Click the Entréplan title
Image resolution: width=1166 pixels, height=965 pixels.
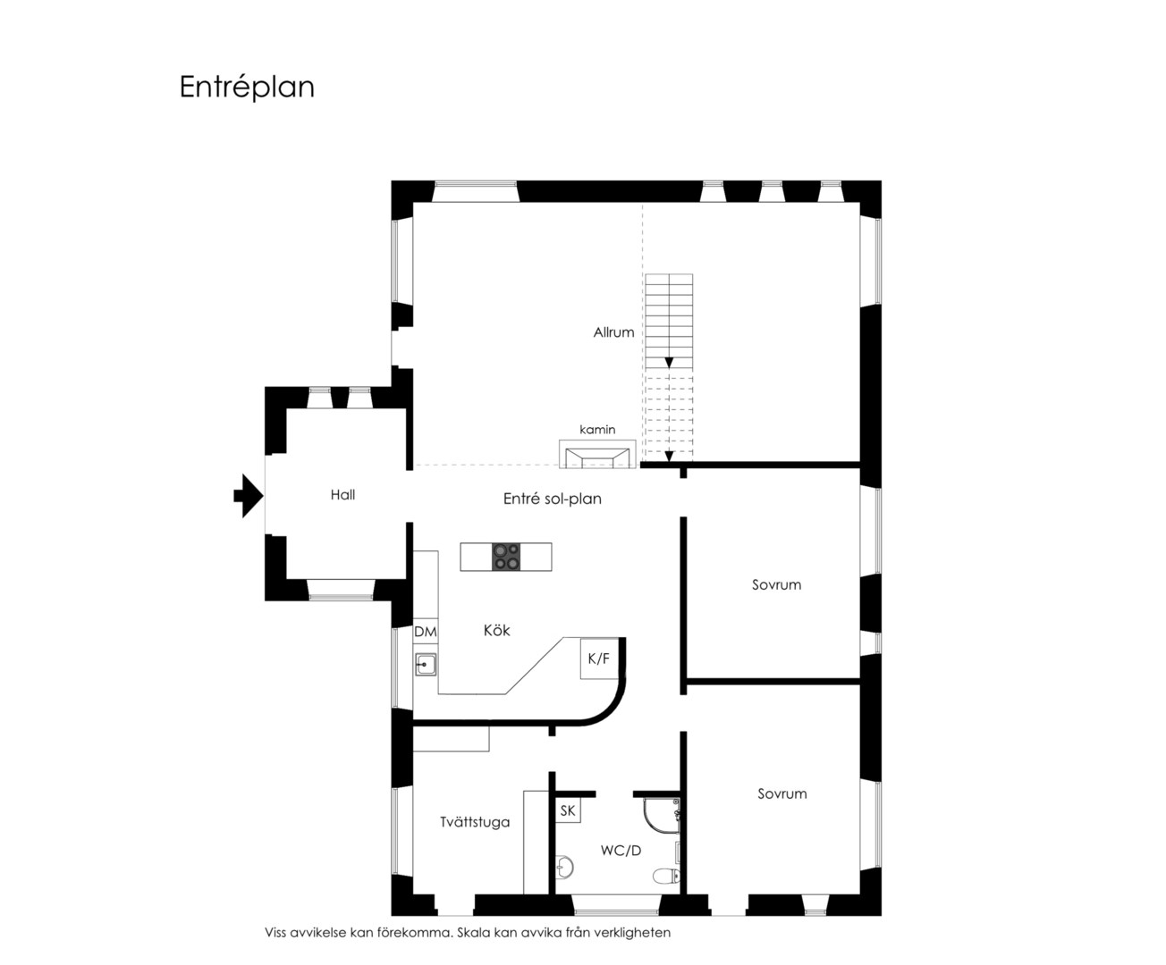tap(247, 88)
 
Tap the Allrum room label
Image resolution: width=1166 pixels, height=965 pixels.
tap(613, 332)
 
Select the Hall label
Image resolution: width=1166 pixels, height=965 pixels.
tap(342, 494)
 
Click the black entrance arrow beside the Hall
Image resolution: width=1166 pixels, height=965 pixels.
tap(248, 496)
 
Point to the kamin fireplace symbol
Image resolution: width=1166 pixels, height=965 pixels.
tap(597, 454)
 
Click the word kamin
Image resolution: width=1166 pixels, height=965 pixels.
tap(597, 429)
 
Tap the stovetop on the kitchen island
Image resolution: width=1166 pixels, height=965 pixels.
tap(506, 557)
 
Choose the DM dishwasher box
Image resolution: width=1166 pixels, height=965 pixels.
tap(426, 631)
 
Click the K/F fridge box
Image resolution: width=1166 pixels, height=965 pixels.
tap(599, 659)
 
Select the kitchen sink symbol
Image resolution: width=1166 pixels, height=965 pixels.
tap(426, 665)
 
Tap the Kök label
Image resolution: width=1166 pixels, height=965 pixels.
tap(496, 630)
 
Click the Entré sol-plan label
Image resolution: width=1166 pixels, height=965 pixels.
tap(553, 499)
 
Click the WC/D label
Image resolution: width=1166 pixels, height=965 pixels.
tap(621, 851)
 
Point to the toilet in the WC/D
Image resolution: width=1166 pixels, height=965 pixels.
tap(666, 876)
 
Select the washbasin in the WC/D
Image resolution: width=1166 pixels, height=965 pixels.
tap(565, 868)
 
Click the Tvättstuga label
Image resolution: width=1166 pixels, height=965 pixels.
tap(475, 822)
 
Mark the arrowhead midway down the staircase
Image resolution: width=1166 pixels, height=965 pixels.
tap(669, 363)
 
